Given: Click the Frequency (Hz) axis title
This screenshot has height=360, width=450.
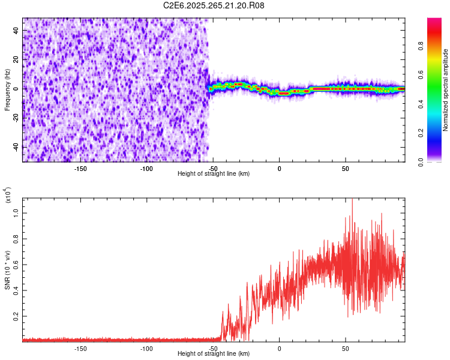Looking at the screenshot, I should [x=7, y=89].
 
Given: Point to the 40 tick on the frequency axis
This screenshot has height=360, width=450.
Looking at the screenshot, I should [x=16, y=30].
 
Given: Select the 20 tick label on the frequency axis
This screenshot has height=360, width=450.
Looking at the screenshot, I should [x=16, y=59].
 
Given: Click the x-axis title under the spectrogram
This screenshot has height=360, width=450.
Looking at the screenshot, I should [x=214, y=173].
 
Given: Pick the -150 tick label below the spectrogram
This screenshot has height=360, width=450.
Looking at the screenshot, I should [x=80, y=167].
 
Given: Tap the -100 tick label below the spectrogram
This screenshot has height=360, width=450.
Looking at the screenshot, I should [x=146, y=167].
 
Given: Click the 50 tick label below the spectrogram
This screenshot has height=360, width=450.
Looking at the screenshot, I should [x=345, y=167].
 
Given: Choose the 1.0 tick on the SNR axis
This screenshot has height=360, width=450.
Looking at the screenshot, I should [x=17, y=213].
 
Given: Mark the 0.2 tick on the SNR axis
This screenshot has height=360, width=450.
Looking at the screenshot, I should [x=17, y=316].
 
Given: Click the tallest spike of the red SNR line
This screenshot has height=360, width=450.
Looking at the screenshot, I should [x=352, y=200].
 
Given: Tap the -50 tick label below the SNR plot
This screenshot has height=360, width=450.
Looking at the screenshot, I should [x=213, y=348].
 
